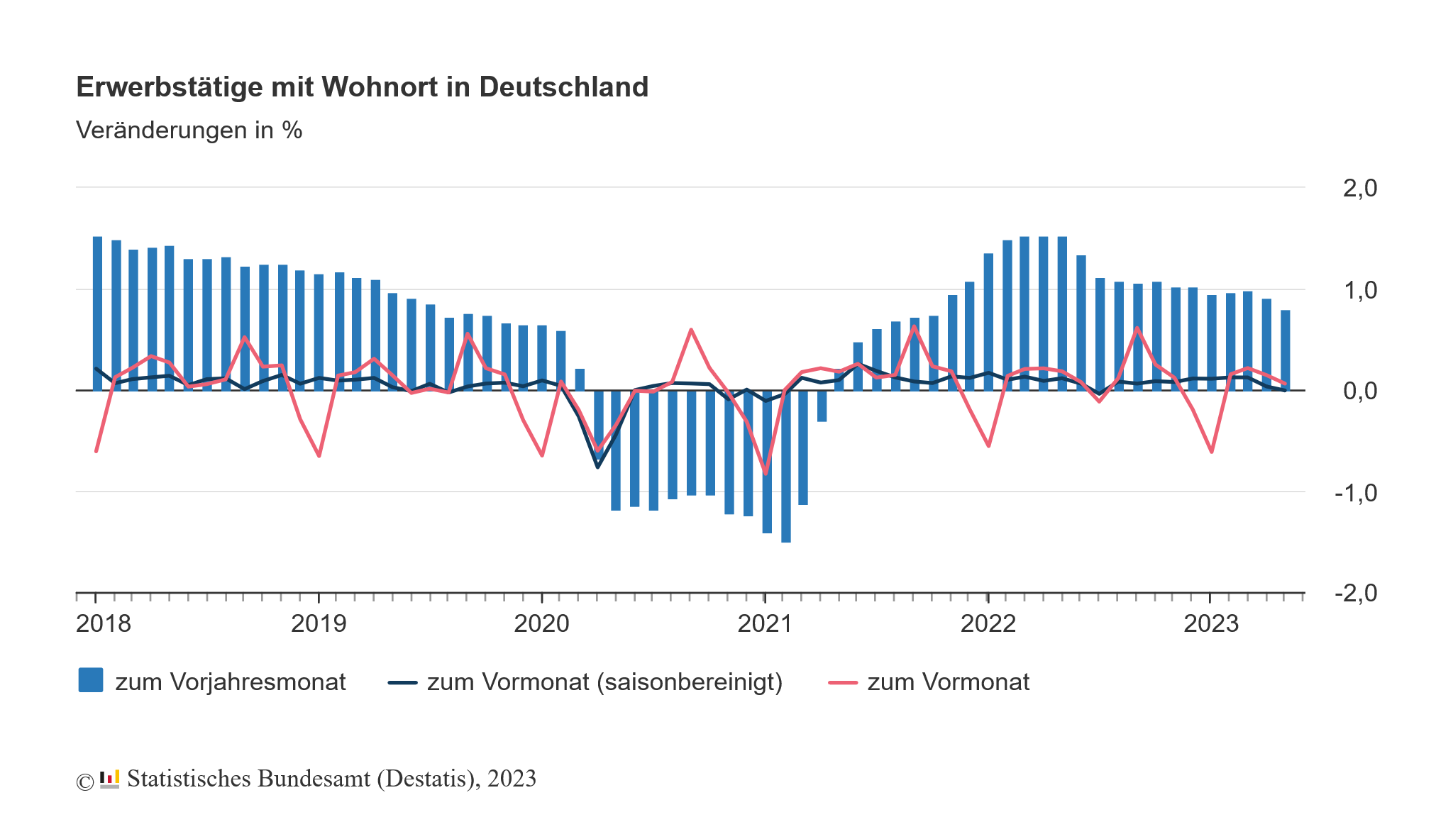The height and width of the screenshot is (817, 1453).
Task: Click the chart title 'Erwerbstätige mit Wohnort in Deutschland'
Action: (x=362, y=87)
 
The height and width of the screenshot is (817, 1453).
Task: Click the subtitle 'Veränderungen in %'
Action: (x=189, y=130)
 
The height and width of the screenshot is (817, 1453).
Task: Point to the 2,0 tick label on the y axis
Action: (x=1359, y=189)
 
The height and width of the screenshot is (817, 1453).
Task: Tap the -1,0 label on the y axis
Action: (x=1355, y=493)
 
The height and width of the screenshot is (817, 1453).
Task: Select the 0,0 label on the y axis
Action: (x=1359, y=391)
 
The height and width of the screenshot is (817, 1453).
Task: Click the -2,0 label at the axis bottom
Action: (x=1355, y=593)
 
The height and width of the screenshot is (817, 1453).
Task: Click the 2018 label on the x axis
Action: (x=104, y=624)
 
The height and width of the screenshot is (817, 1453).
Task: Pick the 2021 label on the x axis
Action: (x=765, y=624)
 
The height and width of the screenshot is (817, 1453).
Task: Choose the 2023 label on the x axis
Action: (x=1210, y=624)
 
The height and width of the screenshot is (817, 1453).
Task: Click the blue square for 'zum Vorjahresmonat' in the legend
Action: (x=91, y=680)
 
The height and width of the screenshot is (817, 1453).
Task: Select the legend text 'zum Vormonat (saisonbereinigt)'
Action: (x=604, y=682)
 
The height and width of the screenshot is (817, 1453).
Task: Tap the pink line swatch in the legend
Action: (x=843, y=682)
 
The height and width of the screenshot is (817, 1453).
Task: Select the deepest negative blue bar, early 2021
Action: (x=785, y=468)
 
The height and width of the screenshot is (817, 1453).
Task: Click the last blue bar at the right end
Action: (x=1285, y=350)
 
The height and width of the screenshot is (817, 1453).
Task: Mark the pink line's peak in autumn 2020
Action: (x=691, y=330)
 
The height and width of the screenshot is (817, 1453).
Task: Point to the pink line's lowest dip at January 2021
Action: (x=766, y=473)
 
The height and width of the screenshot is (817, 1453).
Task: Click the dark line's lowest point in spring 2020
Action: (x=597, y=467)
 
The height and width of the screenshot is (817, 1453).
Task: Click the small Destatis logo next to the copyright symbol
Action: (x=109, y=779)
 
